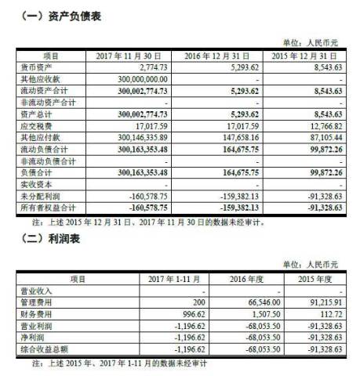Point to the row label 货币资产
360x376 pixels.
(x=35, y=68)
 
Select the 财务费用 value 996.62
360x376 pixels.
(x=177, y=313)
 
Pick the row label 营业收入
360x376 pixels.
(x=35, y=290)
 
